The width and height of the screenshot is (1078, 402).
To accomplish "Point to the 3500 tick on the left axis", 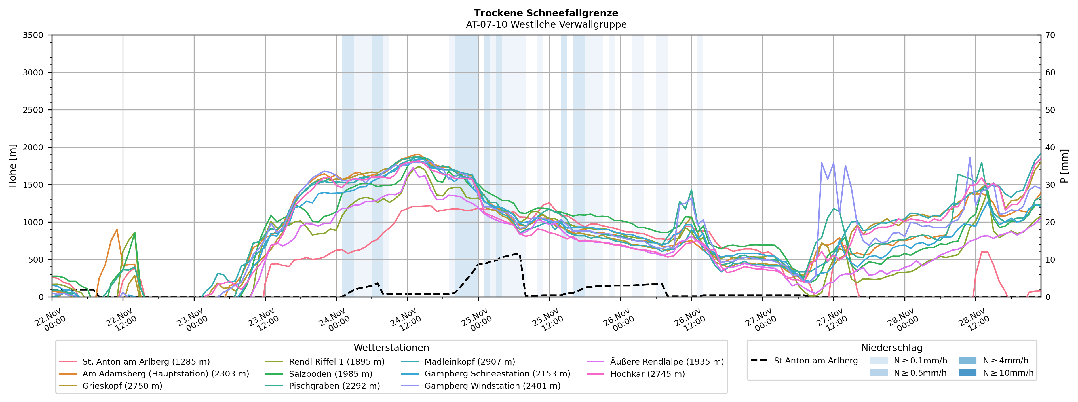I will coord(33,35).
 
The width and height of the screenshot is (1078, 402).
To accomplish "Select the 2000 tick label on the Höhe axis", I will coord(33,147).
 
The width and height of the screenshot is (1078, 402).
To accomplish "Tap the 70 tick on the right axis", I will coord(1050,35).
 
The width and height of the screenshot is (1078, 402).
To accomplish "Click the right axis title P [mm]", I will coord(1065,166).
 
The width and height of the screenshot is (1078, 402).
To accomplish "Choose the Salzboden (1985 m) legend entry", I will coord(330,374).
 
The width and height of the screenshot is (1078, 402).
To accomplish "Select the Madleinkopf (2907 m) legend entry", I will coord(470,362).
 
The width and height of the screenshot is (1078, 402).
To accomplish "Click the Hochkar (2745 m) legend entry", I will coord(647,374).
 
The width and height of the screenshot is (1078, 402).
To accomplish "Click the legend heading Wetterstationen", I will coord(391,348).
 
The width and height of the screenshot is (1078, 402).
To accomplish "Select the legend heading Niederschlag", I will coord(891,348).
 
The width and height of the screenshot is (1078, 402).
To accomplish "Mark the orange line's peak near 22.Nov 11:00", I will coord(117,229).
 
